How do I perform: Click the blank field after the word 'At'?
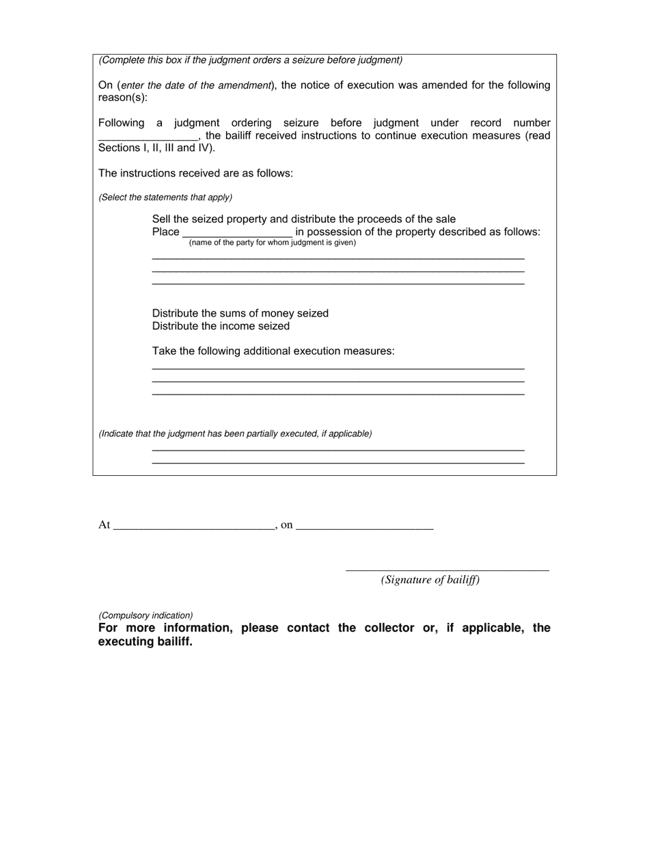pyautogui.click(x=193, y=525)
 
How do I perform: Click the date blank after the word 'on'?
pyautogui.click(x=365, y=525)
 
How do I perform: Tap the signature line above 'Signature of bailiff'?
pyautogui.click(x=447, y=568)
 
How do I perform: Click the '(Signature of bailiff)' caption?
pyautogui.click(x=430, y=580)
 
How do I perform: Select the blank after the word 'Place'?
pyautogui.click(x=237, y=232)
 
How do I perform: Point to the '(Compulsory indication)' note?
pyautogui.click(x=146, y=615)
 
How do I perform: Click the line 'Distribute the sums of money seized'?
pyautogui.click(x=240, y=313)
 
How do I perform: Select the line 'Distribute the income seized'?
pyautogui.click(x=221, y=326)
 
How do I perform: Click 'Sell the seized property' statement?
pyautogui.click(x=303, y=219)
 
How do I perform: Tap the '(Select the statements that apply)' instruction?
pyautogui.click(x=165, y=198)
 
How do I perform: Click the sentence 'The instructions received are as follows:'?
pyautogui.click(x=195, y=174)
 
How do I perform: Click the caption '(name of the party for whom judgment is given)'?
pyautogui.click(x=273, y=243)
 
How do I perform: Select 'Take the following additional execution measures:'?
pyautogui.click(x=273, y=351)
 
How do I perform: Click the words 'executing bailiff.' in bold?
pyautogui.click(x=145, y=642)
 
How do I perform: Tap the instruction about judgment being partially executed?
pyautogui.click(x=235, y=433)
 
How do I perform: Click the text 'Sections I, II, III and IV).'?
pyautogui.click(x=156, y=148)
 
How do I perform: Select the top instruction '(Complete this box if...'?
pyautogui.click(x=250, y=60)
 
